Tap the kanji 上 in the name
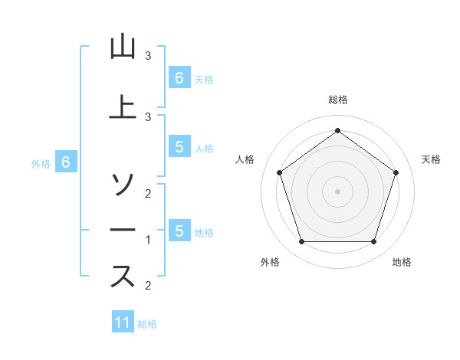[122, 106]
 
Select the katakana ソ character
[122, 185]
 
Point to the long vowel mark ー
[122, 231]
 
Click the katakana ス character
[122, 277]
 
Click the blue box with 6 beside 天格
[179, 77]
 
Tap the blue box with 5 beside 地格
[179, 231]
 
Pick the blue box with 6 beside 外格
[66, 162]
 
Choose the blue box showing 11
[123, 322]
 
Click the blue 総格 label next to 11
[147, 324]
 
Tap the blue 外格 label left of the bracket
[41, 163]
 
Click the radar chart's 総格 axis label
[337, 100]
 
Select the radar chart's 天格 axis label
[431, 159]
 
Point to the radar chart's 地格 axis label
[402, 262]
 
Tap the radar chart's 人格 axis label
[245, 159]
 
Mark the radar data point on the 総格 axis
[337, 130]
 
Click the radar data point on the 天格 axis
[396, 172]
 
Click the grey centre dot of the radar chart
[337, 191]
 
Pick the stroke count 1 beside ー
[148, 240]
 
